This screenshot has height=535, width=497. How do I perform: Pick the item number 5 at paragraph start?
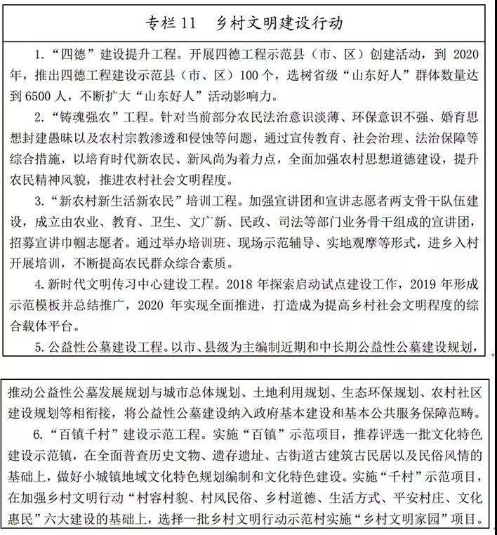[39, 347]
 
